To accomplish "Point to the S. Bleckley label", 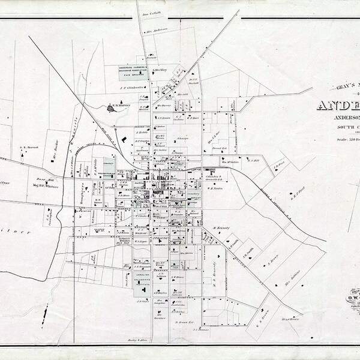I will coord(160,70).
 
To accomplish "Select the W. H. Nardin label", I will coord(216,188).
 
